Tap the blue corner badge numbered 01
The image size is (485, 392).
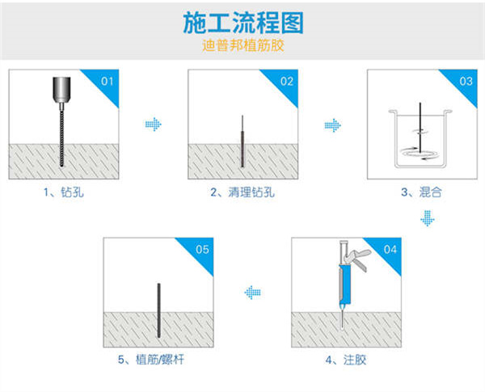pos(109,81)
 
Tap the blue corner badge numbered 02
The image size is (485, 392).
pos(287,81)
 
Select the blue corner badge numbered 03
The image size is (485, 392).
pos(466,81)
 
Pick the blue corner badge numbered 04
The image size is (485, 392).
pos(390,248)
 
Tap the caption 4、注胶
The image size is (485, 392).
pos(340,358)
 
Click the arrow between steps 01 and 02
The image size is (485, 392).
pos(154,124)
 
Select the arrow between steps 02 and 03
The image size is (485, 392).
pos(332,124)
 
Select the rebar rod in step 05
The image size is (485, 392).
pos(158,311)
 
